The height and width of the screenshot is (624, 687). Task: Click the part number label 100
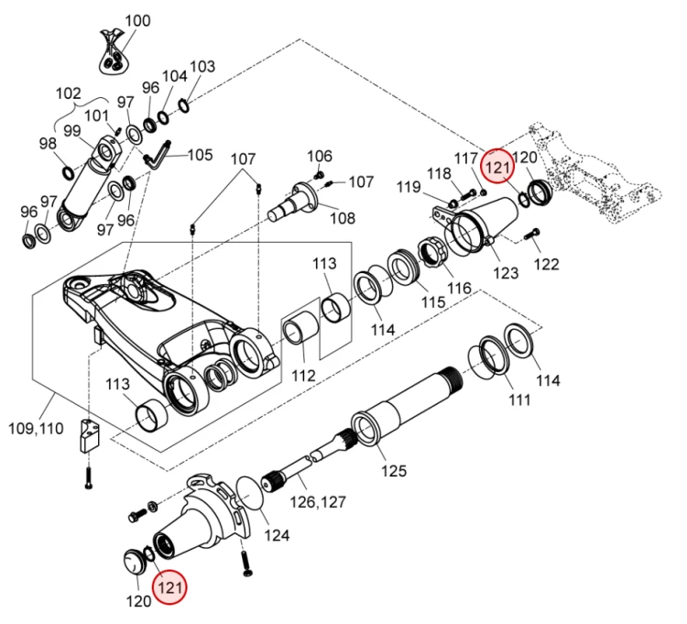point(137,20)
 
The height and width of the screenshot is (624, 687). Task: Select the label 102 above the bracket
point(70,93)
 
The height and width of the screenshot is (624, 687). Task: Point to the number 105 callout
point(200,155)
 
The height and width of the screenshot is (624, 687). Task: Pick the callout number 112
point(303,375)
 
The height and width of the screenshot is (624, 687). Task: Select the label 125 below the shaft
point(393,471)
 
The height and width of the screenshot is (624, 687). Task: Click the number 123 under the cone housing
point(506,272)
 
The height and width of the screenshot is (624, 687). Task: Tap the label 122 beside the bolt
point(545,265)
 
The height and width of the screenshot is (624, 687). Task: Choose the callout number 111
point(519,400)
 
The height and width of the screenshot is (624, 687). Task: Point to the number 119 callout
point(409,188)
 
